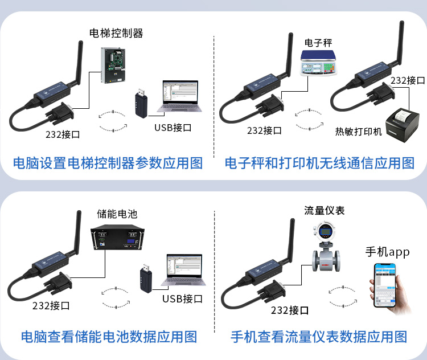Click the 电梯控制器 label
[x=116, y=33]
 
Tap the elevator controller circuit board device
[x=113, y=66]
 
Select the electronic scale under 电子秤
[x=318, y=63]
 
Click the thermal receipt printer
[x=403, y=125]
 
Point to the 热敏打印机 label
[x=358, y=132]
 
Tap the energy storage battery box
[x=117, y=237]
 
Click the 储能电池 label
[x=117, y=214]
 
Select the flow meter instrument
[x=326, y=247]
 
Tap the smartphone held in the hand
[x=385, y=285]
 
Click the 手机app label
[x=387, y=252]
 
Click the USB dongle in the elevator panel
[x=141, y=103]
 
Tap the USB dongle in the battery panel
[x=146, y=278]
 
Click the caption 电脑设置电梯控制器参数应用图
[x=108, y=163]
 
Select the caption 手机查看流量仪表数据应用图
[x=319, y=337]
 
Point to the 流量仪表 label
[x=324, y=210]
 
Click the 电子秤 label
[x=318, y=43]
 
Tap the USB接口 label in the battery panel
[x=182, y=298]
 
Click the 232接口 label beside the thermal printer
[x=408, y=80]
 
